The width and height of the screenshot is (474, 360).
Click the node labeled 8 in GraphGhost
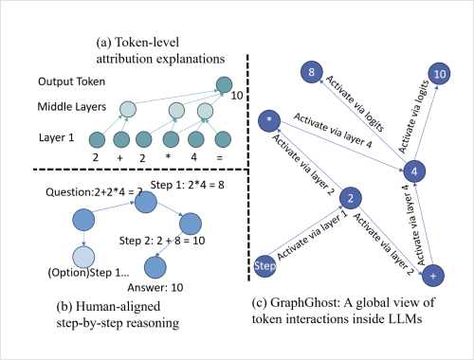312,72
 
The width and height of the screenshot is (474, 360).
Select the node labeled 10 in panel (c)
439,74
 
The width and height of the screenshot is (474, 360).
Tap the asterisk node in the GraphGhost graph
269,120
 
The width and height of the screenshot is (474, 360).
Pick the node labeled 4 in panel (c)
414,171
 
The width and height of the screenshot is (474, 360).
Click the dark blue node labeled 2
351,198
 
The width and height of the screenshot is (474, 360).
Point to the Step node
264,266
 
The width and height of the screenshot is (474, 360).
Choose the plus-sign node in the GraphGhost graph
433,276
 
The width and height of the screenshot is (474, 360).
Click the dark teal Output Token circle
224,84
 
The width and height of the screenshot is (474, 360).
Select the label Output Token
71,81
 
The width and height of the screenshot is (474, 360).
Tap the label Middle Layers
72,107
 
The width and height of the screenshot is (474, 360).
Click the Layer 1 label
56,137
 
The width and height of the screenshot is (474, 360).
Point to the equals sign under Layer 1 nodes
220,157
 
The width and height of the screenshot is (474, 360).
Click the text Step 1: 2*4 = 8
187,185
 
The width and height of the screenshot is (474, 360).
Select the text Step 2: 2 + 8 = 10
162,241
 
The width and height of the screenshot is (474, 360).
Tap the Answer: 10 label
155,287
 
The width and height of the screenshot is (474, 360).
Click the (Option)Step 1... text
88,273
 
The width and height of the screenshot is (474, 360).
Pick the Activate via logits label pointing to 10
413,117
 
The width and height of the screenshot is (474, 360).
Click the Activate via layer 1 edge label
312,235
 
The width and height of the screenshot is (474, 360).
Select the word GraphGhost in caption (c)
305,302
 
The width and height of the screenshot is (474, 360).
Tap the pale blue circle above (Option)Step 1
83,257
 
